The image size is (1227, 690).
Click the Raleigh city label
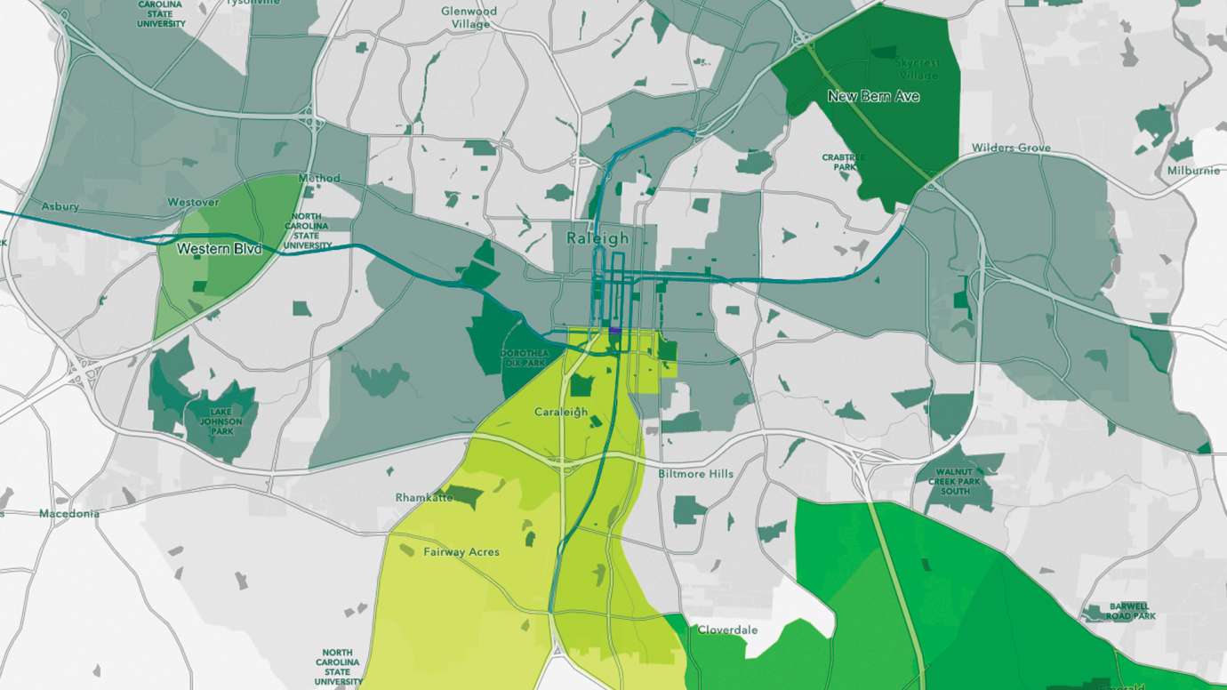coord(597,238)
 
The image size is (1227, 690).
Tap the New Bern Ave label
coord(873,96)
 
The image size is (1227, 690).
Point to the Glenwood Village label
coord(469,18)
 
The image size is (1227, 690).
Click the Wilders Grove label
coord(1011,148)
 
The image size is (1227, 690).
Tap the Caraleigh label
coord(561,412)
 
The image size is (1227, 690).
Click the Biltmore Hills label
coord(695,474)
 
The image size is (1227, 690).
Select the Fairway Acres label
coord(461,552)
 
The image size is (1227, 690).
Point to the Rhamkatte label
coord(424,498)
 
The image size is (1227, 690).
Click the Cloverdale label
coord(727,630)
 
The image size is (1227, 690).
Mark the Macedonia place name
coord(69,514)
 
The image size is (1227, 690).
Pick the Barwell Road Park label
coord(1131,611)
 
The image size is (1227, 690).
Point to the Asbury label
coord(60,206)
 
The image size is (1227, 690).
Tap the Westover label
coord(193,203)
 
